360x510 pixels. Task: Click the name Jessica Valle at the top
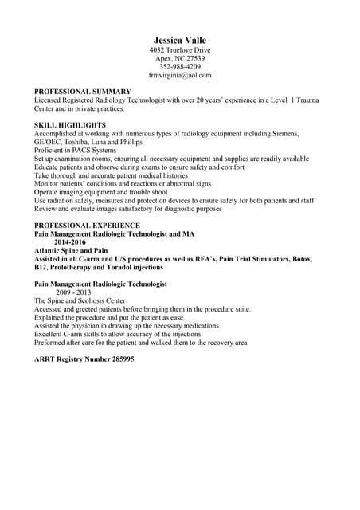180,41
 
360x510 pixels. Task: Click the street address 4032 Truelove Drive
180,50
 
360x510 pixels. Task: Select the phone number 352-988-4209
180,67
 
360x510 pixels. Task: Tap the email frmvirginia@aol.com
180,75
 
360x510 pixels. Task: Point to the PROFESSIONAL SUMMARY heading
82,92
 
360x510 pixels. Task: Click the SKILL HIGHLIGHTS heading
70,125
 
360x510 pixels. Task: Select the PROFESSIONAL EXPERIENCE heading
87,226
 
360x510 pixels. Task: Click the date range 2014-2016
70,242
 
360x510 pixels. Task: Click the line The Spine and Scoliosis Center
80,300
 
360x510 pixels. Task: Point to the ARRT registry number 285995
84,359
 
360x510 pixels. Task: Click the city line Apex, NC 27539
180,58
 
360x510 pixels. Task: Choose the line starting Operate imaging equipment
100,192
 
